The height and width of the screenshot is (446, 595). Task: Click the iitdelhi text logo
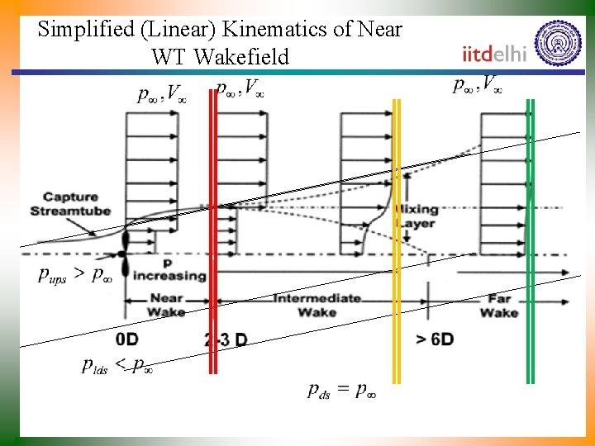[x=494, y=54]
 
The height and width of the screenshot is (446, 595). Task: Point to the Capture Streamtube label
[x=70, y=204]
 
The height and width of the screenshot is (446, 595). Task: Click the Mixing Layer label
[x=416, y=216]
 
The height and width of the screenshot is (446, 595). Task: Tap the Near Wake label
[x=166, y=305]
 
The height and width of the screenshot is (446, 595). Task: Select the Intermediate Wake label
[x=317, y=305]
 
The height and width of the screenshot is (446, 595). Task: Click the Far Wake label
[x=499, y=306]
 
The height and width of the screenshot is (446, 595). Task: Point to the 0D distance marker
[x=126, y=339]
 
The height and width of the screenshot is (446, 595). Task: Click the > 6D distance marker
[x=434, y=339]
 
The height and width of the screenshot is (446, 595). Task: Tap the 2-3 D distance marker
[x=225, y=339]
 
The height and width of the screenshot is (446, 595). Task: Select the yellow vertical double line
[x=396, y=240]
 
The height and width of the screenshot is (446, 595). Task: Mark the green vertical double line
[x=530, y=240]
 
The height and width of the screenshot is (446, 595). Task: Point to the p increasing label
[x=170, y=271]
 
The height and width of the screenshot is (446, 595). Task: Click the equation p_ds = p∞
[x=342, y=391]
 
